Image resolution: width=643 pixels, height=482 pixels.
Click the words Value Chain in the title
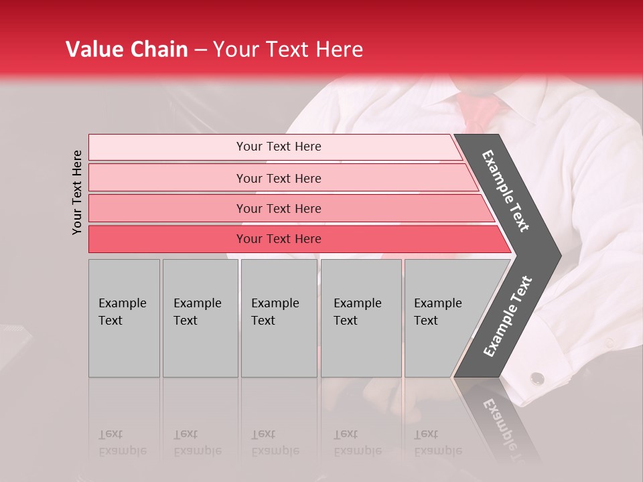[127, 50]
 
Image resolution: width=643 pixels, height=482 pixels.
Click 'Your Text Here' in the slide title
[288, 50]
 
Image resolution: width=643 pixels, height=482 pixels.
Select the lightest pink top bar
[279, 147]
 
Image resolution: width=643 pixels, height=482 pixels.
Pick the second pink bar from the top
[279, 178]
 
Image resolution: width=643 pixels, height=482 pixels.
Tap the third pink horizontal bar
[279, 208]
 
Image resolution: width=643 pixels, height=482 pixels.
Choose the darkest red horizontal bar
[279, 239]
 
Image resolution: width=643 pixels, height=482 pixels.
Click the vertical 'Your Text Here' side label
[78, 192]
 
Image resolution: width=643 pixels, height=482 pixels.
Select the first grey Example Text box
[124, 317]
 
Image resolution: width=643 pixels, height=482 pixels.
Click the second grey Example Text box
[200, 317]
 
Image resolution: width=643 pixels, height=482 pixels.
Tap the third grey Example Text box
[279, 317]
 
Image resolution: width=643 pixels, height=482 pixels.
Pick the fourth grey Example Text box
[360, 317]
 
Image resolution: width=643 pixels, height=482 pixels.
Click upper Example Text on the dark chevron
[506, 190]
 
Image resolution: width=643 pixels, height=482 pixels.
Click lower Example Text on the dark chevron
[508, 316]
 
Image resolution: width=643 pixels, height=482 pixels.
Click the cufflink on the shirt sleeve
[537, 378]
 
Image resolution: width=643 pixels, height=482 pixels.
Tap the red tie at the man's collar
[479, 110]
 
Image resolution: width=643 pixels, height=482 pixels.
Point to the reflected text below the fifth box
[437, 442]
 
